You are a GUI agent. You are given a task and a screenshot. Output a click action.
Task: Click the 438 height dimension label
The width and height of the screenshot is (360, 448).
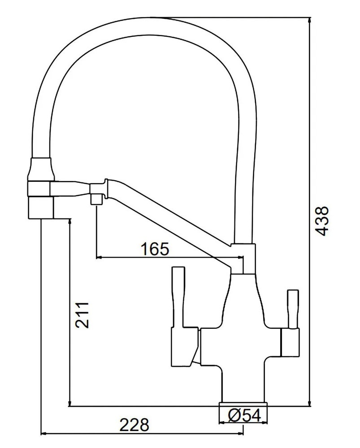tap(323, 221)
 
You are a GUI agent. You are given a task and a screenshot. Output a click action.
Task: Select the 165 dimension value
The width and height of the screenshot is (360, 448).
tap(155, 249)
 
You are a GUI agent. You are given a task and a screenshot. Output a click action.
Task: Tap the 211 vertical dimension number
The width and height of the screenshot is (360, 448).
tap(82, 314)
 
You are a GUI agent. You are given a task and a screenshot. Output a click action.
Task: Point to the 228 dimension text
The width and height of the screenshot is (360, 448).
tap(134, 425)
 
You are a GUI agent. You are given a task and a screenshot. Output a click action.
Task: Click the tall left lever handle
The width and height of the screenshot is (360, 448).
tap(178, 297)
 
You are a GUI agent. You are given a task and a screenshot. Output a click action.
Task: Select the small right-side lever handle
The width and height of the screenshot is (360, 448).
tap(293, 309)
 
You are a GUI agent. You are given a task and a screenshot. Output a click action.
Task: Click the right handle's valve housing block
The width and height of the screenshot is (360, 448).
tap(290, 343)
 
